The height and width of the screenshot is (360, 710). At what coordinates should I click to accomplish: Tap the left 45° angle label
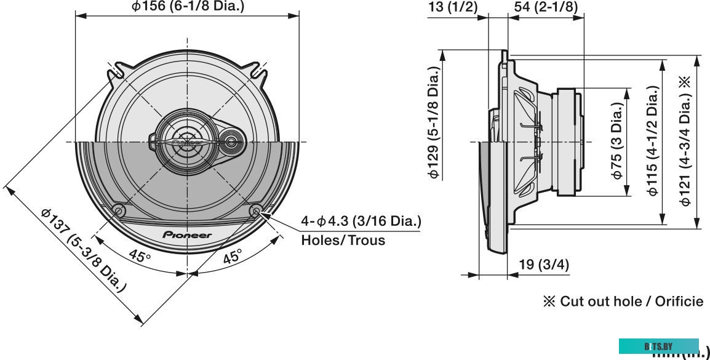[x=140, y=256]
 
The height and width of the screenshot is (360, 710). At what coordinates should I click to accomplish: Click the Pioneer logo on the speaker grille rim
[x=187, y=235]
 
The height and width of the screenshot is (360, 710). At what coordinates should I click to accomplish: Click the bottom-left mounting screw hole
[x=119, y=210]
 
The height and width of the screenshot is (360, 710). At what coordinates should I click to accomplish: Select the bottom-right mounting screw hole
[x=256, y=210]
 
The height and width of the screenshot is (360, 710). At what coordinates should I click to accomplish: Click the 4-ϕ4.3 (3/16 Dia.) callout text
[x=361, y=221]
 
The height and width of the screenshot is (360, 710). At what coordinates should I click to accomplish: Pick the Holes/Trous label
[x=343, y=240]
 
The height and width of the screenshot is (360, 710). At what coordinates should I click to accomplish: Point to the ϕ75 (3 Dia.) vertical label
[x=618, y=141]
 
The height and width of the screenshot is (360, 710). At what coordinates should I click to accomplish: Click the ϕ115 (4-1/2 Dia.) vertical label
[x=653, y=141]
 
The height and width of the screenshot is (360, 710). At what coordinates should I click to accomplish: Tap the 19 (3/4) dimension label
[x=544, y=265]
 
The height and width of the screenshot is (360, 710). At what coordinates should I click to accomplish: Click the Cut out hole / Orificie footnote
[x=622, y=301]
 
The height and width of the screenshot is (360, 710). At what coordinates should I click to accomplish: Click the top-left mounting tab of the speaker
[x=116, y=72]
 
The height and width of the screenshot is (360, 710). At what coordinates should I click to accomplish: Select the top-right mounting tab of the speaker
[x=259, y=72]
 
